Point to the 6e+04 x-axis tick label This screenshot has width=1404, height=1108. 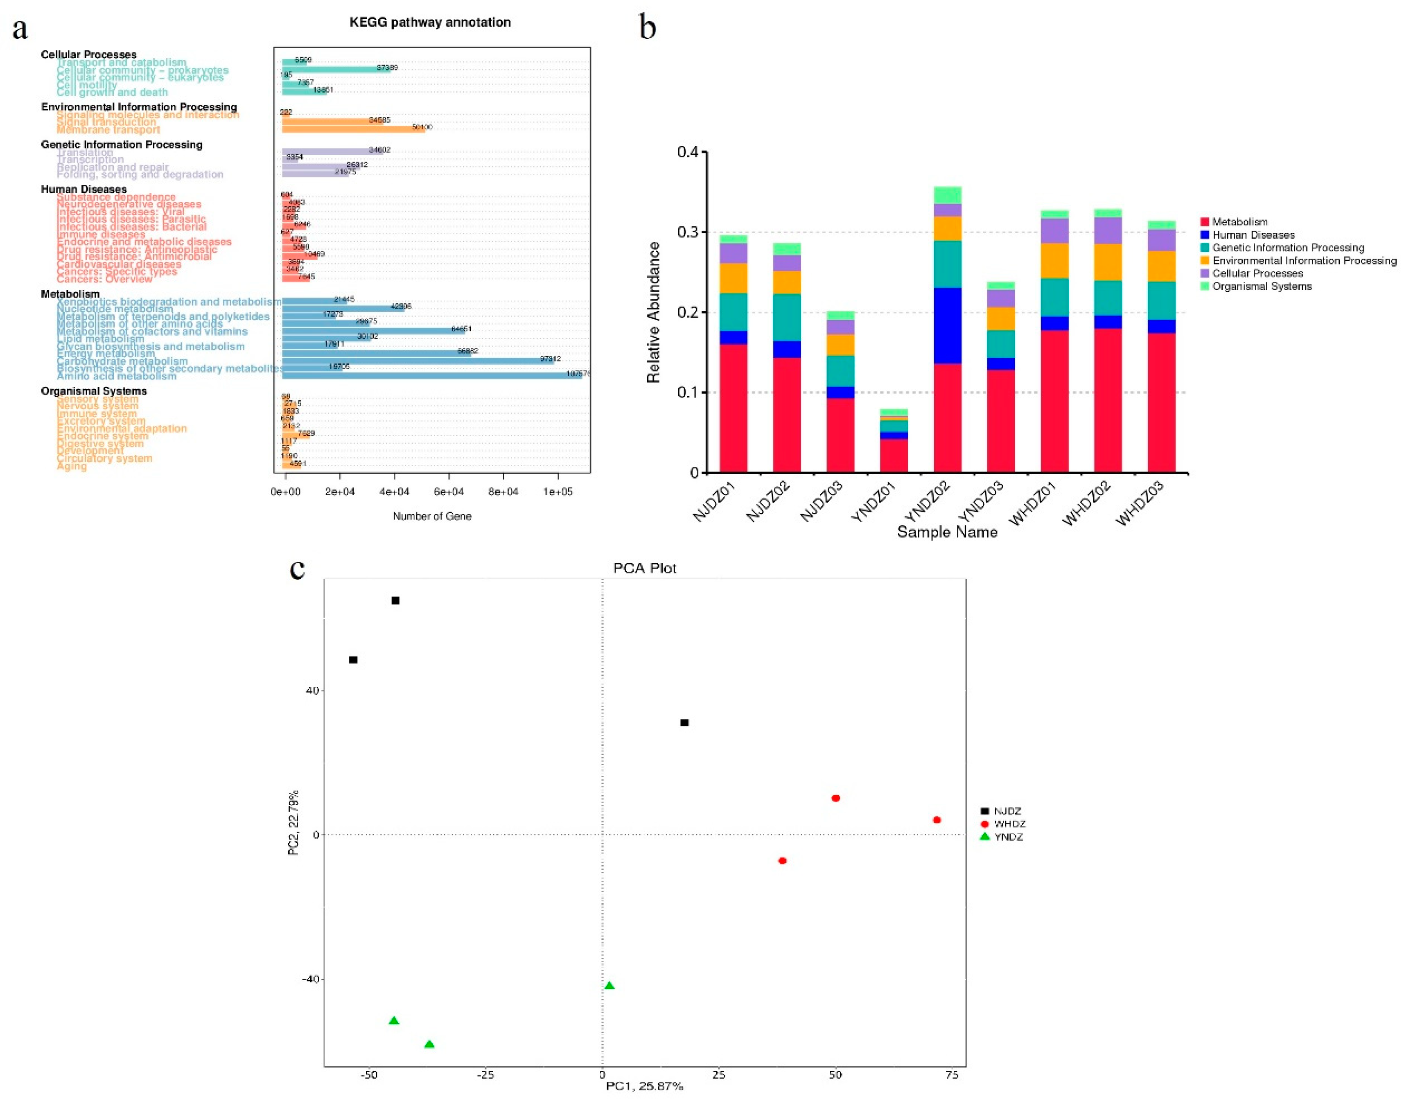tap(448, 492)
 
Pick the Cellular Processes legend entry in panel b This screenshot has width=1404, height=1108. tap(1256, 273)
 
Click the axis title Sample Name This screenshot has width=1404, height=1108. tap(947, 533)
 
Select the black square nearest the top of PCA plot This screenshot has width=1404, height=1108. tap(395, 601)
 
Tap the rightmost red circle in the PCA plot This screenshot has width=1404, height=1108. tap(936, 820)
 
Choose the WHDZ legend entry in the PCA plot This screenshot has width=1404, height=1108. tap(1009, 824)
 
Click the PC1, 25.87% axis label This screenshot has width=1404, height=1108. tap(644, 1086)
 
